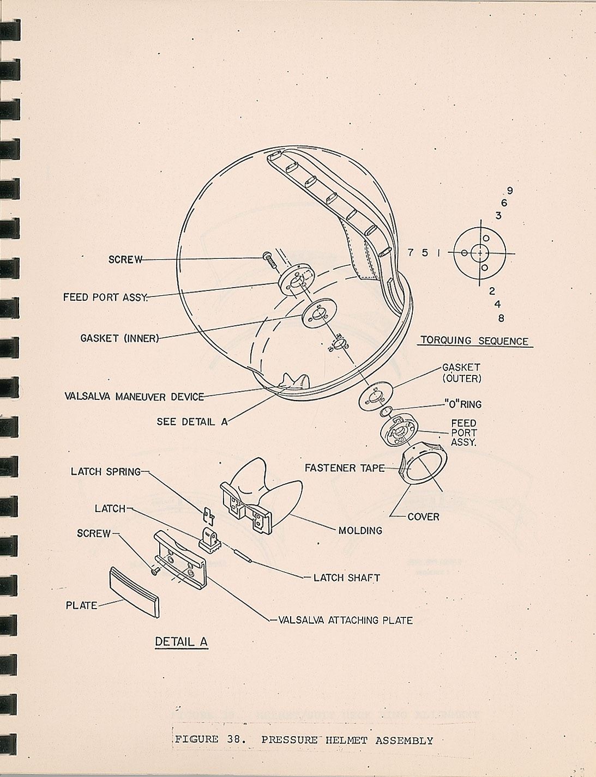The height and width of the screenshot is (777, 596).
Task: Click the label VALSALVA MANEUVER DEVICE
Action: click(134, 397)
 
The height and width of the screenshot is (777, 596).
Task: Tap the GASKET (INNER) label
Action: click(119, 338)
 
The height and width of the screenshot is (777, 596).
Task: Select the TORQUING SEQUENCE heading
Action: click(474, 341)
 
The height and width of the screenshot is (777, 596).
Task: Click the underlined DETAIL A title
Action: click(181, 642)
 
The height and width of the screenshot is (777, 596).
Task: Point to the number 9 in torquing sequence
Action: click(510, 191)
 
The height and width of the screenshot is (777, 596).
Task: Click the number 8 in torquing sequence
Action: click(501, 318)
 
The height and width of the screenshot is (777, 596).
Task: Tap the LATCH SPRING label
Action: click(105, 472)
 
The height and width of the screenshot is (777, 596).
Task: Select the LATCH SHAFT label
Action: click(346, 578)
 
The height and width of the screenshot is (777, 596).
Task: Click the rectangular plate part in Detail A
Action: click(135, 592)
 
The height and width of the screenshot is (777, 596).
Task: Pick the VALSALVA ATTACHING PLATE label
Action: click(345, 620)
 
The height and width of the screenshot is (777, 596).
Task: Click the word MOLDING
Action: click(360, 530)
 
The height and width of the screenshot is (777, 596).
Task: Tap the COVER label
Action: click(423, 517)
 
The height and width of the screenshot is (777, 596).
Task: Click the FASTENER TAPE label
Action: click(344, 468)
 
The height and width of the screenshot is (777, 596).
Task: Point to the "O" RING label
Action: click(463, 405)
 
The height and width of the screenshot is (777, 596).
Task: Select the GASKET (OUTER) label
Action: click(461, 373)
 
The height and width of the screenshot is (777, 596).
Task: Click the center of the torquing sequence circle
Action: click(479, 253)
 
